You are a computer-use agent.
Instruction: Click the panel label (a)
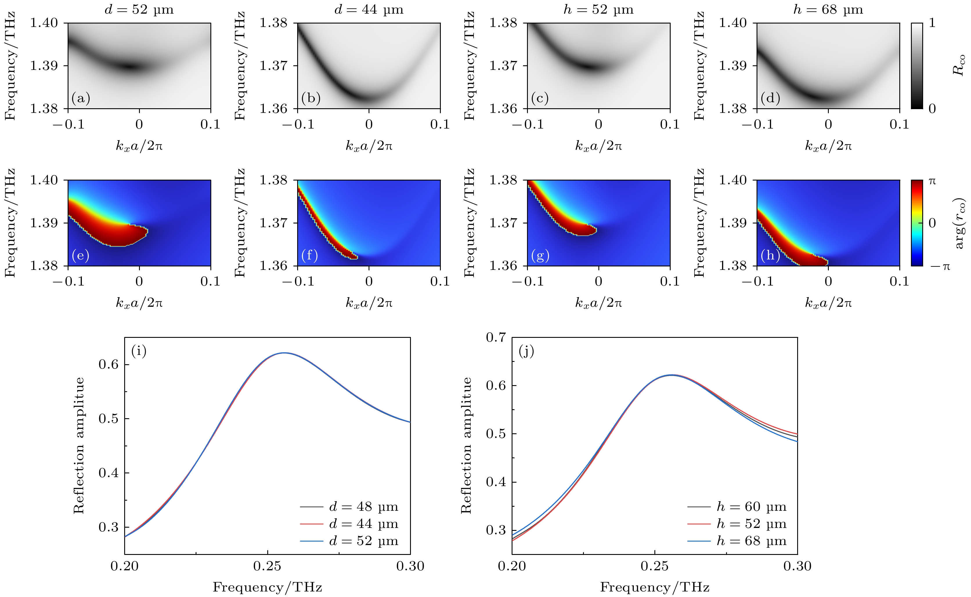point(81,98)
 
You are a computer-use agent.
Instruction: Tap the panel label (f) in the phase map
point(310,255)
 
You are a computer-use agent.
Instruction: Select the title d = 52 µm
point(139,10)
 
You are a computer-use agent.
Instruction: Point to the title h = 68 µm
point(828,10)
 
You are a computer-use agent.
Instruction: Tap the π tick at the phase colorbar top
point(932,181)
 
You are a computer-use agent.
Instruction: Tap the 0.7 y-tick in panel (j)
point(496,338)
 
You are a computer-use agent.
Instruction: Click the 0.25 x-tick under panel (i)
point(267,566)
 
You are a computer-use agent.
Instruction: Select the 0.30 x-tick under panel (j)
point(797,566)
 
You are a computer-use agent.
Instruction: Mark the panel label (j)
point(526,351)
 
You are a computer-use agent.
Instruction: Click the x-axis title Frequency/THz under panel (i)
point(267,587)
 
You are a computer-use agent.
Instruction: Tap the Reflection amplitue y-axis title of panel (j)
point(467,446)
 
